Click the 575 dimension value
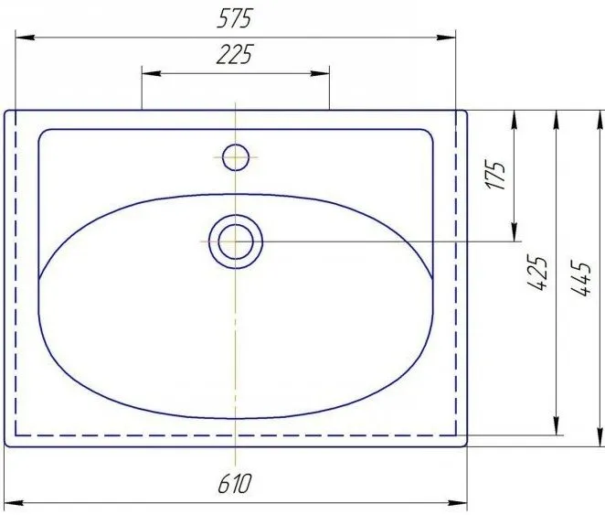(234, 18)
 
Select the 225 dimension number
(235, 54)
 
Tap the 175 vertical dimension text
(495, 176)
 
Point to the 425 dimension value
(537, 273)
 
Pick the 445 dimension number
(580, 279)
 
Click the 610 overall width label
(235, 484)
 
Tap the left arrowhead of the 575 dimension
(25, 38)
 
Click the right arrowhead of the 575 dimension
(446, 38)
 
